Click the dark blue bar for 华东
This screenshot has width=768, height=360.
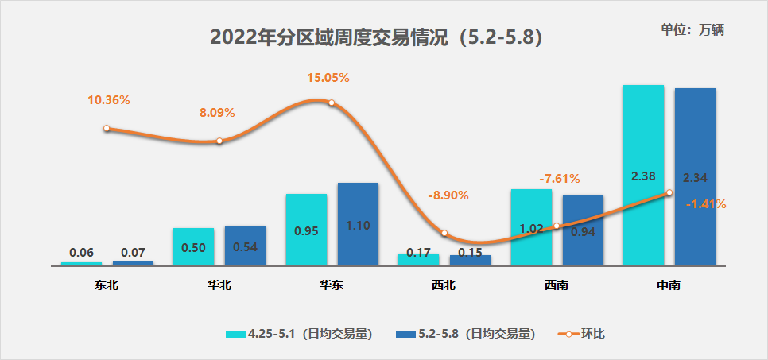[x=358, y=224]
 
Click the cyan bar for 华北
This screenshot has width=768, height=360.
[x=193, y=246]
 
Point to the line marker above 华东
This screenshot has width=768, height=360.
[x=332, y=103]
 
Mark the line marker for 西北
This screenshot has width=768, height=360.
[x=444, y=234]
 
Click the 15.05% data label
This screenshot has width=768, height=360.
[x=328, y=78]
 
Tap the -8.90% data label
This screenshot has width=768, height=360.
[x=448, y=195]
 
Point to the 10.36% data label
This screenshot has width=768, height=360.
[x=109, y=100]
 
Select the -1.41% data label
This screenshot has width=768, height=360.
[x=705, y=204]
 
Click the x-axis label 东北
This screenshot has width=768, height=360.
[x=107, y=285]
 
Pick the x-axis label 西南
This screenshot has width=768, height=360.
[x=557, y=285]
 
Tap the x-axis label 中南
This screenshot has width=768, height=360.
[x=669, y=285]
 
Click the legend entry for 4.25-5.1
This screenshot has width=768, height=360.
[x=299, y=333]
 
